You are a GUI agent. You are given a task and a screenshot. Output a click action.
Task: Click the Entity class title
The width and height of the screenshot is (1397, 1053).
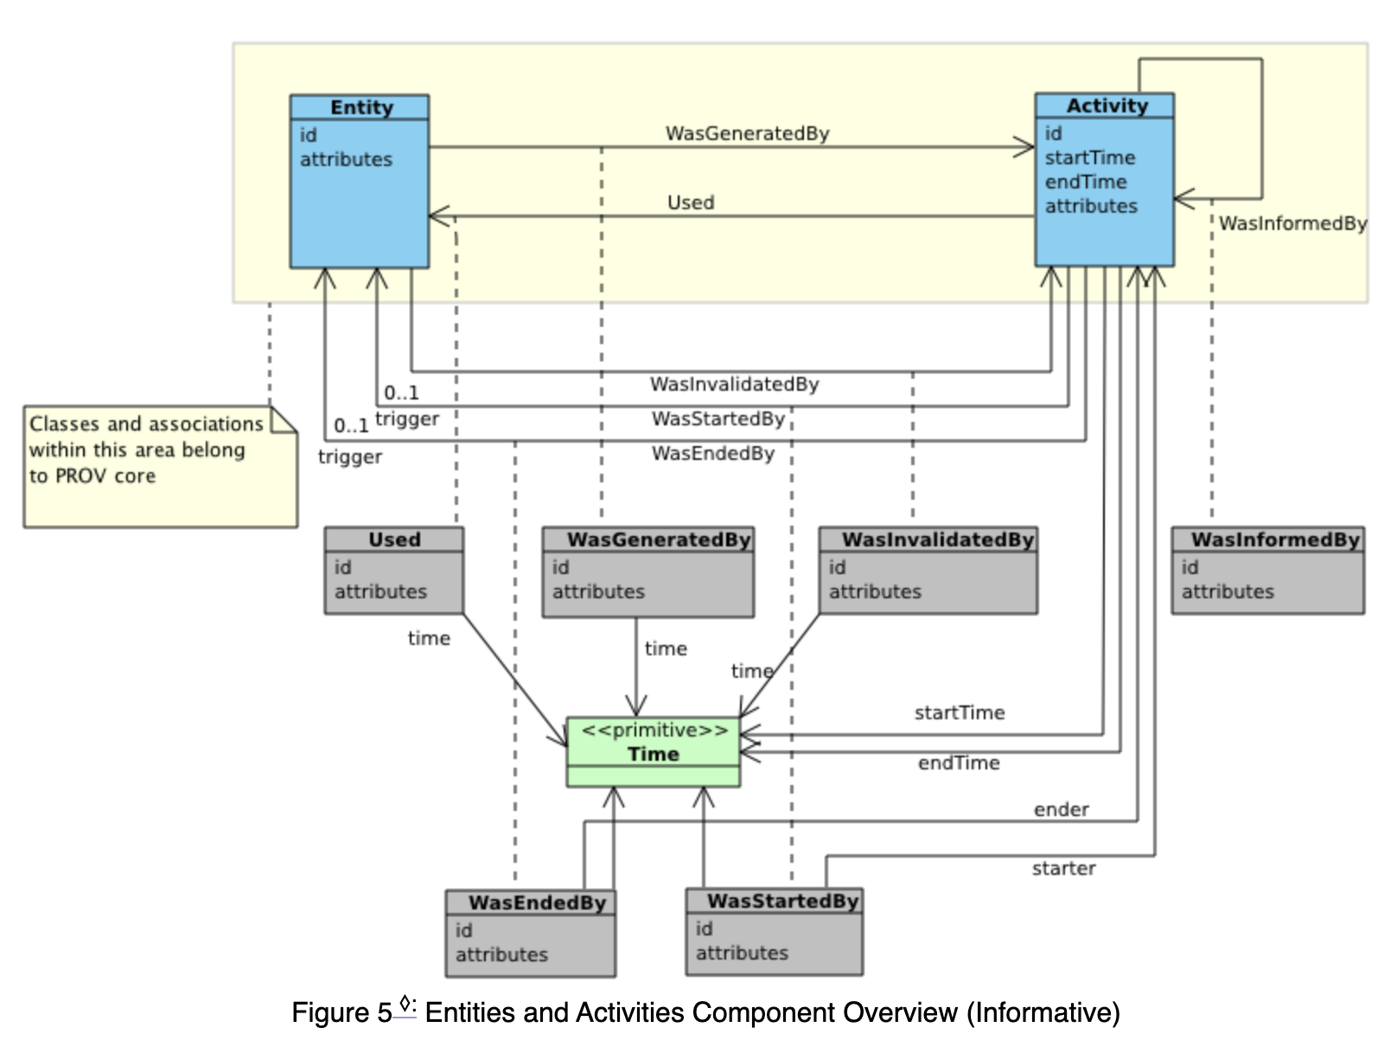click(x=360, y=107)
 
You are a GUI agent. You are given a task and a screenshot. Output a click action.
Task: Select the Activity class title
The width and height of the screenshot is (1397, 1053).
click(x=1107, y=105)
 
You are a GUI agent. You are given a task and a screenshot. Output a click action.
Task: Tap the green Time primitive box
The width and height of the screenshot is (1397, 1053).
click(x=654, y=751)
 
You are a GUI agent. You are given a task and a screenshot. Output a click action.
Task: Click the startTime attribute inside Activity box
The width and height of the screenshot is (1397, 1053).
click(x=1089, y=157)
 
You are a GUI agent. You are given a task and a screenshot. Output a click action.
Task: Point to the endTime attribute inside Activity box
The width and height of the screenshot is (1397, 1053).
click(x=1086, y=182)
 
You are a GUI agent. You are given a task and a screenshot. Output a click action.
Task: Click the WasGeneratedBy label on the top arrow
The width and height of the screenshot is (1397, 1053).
click(x=747, y=133)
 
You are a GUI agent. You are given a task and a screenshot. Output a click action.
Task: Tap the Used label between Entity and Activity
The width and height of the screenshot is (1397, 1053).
click(x=691, y=202)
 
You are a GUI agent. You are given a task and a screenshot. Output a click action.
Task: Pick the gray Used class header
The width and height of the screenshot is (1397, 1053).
click(x=394, y=539)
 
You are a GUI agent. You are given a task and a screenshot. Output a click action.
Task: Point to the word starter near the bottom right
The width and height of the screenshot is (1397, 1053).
click(x=1063, y=868)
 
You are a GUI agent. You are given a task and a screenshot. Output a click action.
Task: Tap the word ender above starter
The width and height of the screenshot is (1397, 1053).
click(x=1061, y=809)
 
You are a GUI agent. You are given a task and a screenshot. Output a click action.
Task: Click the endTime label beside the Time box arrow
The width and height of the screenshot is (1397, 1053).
click(x=958, y=763)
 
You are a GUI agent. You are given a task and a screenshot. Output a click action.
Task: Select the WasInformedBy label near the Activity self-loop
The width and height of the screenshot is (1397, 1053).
click(x=1292, y=223)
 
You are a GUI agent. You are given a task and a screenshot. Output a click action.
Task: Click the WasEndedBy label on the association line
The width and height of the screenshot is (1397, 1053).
click(x=712, y=453)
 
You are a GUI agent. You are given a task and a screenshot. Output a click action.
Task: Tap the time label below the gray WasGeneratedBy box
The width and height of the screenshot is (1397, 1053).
click(x=666, y=648)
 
